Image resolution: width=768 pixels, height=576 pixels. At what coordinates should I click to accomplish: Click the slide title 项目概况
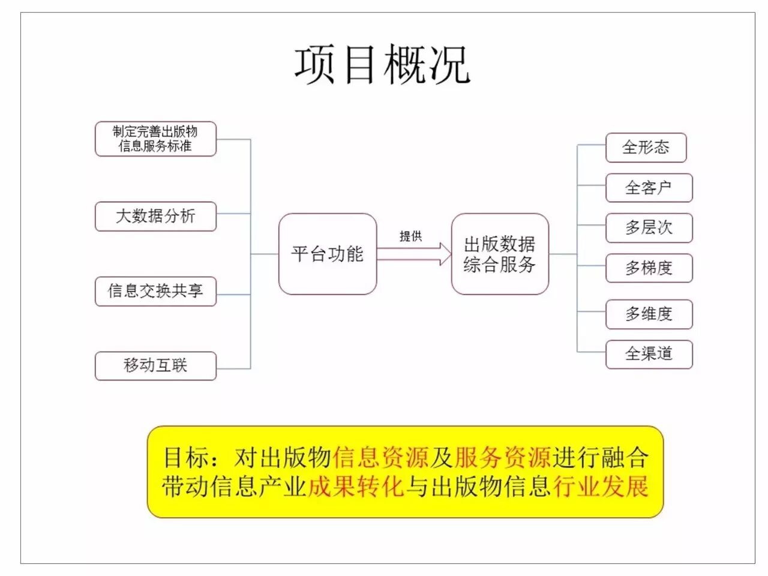pyautogui.click(x=382, y=64)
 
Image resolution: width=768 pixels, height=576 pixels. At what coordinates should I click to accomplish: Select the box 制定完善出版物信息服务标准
pyautogui.click(x=155, y=139)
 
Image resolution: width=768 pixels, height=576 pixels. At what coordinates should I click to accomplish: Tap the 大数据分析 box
pyautogui.click(x=155, y=216)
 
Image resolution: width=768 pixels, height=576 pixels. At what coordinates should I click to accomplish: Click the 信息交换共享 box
pyautogui.click(x=155, y=291)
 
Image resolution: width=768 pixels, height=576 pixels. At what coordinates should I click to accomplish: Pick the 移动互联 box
pyautogui.click(x=155, y=365)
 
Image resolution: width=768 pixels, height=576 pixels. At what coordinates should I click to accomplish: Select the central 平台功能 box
pyautogui.click(x=328, y=254)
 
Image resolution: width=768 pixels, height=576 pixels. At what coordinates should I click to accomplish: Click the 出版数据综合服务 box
pyautogui.click(x=500, y=254)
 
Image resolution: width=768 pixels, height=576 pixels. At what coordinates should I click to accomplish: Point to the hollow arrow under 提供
pyautogui.click(x=414, y=254)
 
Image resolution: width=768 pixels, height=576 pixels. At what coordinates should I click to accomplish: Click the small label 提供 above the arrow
pyautogui.click(x=411, y=236)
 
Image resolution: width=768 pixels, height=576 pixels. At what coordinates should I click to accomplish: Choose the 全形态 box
pyautogui.click(x=646, y=148)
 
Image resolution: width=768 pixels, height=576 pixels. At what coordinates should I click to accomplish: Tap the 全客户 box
pyautogui.click(x=649, y=188)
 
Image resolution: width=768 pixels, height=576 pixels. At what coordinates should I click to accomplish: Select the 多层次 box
pyautogui.click(x=649, y=228)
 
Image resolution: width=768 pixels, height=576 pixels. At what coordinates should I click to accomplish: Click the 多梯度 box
pyautogui.click(x=649, y=268)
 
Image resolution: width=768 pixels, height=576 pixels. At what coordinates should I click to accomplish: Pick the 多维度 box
pyautogui.click(x=649, y=314)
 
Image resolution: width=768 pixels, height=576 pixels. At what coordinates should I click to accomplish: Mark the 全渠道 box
pyautogui.click(x=649, y=354)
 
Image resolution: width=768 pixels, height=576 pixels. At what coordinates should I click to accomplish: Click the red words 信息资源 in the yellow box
pyautogui.click(x=381, y=458)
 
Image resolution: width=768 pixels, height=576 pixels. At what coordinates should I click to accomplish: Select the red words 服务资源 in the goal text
pyautogui.click(x=503, y=458)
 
